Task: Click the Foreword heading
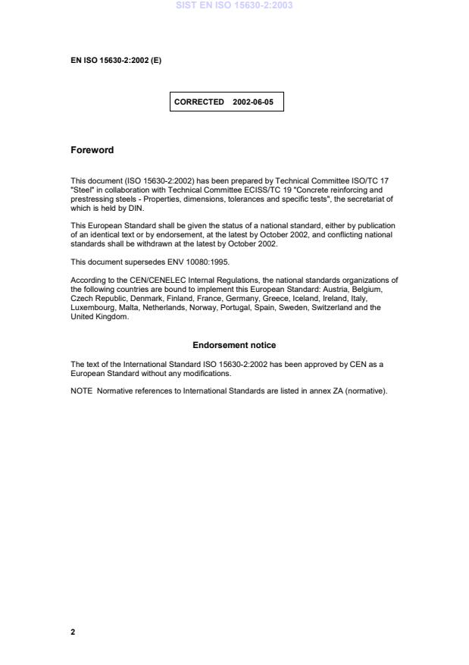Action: (x=92, y=150)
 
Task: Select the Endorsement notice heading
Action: (x=234, y=345)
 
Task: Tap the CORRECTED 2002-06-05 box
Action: (x=227, y=102)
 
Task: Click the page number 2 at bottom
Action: (x=73, y=632)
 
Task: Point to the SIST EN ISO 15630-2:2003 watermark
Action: (x=234, y=5)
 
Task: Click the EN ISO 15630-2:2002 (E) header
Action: (x=115, y=61)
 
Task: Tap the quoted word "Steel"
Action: (x=81, y=190)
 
